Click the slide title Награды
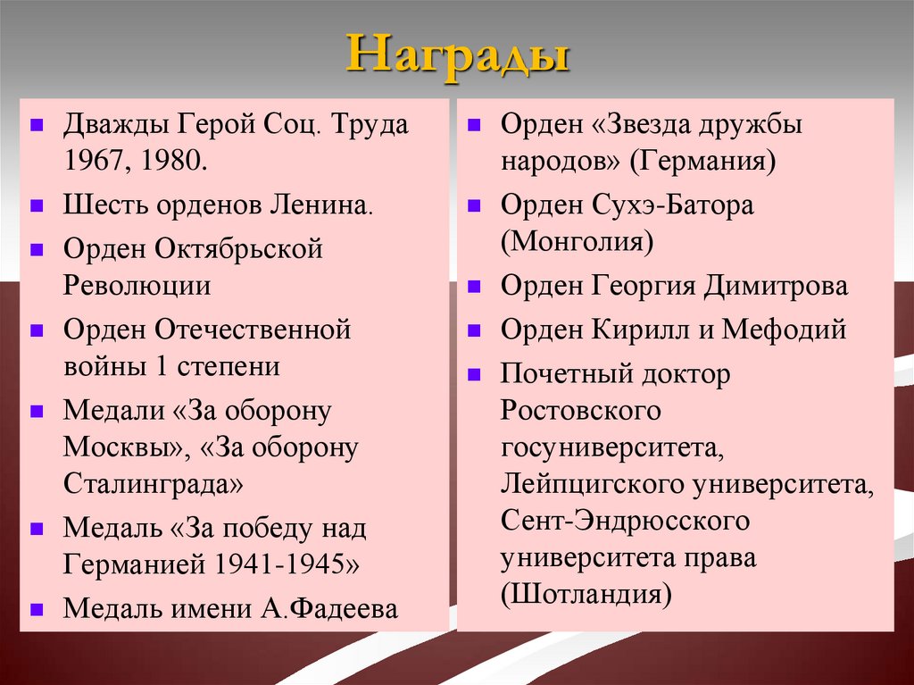tap(456, 55)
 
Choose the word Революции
tap(137, 286)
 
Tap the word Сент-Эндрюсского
tap(624, 521)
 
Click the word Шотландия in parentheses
tap(586, 595)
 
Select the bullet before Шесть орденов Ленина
tap(37, 205)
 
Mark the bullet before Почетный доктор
tap(474, 372)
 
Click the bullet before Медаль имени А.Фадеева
tap(37, 609)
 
